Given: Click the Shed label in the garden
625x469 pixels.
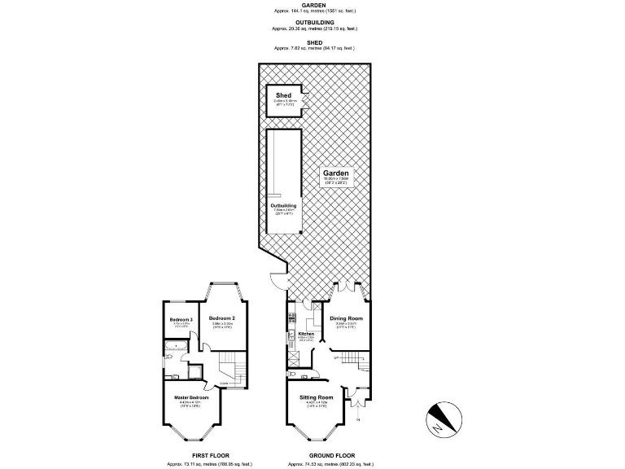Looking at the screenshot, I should [282, 95].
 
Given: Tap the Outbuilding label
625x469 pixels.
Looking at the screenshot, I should [283, 206].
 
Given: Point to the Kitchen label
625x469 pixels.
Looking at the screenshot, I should [305, 334].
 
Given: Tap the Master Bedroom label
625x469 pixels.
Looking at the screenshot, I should [192, 397].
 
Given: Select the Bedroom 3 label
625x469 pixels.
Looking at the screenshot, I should [181, 320].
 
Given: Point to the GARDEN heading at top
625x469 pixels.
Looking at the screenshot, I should [312, 4].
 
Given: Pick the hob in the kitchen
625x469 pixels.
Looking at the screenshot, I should [291, 336].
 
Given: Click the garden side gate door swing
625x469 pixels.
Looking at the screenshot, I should [278, 278].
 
